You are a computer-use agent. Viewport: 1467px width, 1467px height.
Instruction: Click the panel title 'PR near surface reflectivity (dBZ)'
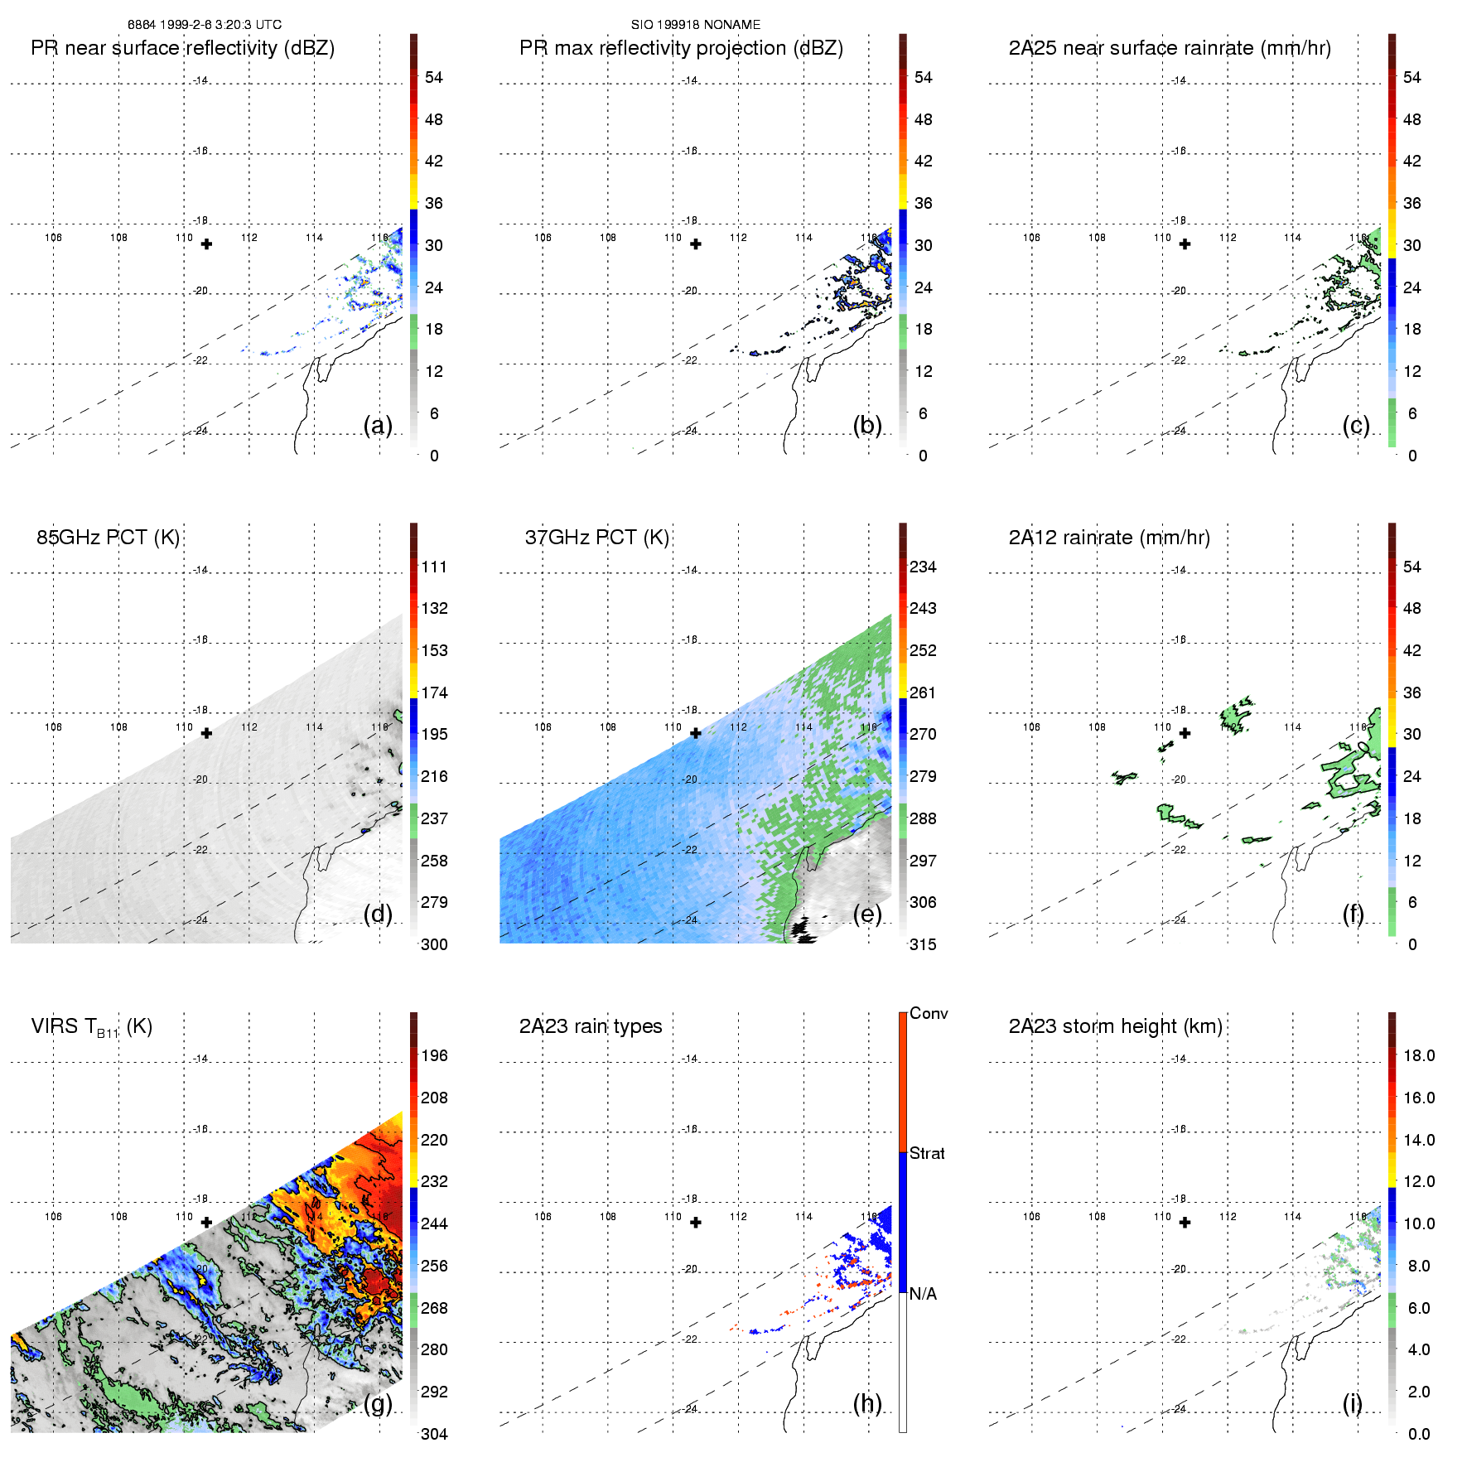(182, 48)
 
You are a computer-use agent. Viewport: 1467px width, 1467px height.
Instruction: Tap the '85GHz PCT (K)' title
(108, 538)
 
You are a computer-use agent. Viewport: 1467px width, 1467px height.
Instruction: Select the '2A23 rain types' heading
(591, 1026)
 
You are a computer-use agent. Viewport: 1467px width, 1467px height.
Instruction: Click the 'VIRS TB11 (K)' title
(91, 1027)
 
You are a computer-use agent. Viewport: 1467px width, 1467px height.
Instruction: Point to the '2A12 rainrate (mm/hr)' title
(1109, 538)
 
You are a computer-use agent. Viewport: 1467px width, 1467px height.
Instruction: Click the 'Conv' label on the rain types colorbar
(929, 1014)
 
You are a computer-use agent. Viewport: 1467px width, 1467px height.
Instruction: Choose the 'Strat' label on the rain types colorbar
(927, 1154)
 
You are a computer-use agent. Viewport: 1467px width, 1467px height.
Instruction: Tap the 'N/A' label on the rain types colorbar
(923, 1294)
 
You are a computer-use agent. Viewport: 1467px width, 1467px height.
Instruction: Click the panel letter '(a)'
(378, 425)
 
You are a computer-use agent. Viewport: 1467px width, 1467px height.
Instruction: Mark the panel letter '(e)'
(867, 914)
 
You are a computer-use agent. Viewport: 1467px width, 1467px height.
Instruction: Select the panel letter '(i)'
(1352, 1403)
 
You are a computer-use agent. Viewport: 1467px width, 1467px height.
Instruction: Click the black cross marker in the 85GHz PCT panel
(206, 733)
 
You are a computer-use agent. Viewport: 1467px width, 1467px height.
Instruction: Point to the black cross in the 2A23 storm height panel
(1185, 1223)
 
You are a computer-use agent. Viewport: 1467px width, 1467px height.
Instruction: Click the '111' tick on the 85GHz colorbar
(434, 567)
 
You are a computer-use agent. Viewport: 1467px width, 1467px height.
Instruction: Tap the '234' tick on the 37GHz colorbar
(923, 567)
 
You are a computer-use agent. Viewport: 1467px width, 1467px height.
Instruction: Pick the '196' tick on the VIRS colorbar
(434, 1056)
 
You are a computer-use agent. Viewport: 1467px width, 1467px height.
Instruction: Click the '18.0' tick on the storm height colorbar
(1419, 1056)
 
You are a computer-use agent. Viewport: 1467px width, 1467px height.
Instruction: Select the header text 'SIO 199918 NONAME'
(696, 25)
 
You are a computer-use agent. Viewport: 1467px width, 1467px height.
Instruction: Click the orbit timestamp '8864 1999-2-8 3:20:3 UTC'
(205, 25)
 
